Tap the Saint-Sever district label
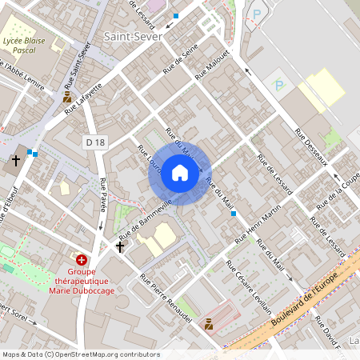pyautogui.click(x=133, y=36)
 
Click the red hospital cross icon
pyautogui.click(x=81, y=260)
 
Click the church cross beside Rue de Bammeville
pyautogui.click(x=120, y=246)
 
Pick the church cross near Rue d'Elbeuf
pyautogui.click(x=15, y=161)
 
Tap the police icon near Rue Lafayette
pyautogui.click(x=67, y=97)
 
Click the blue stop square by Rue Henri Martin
pyautogui.click(x=234, y=214)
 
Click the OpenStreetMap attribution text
pyautogui.click(x=80, y=354)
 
